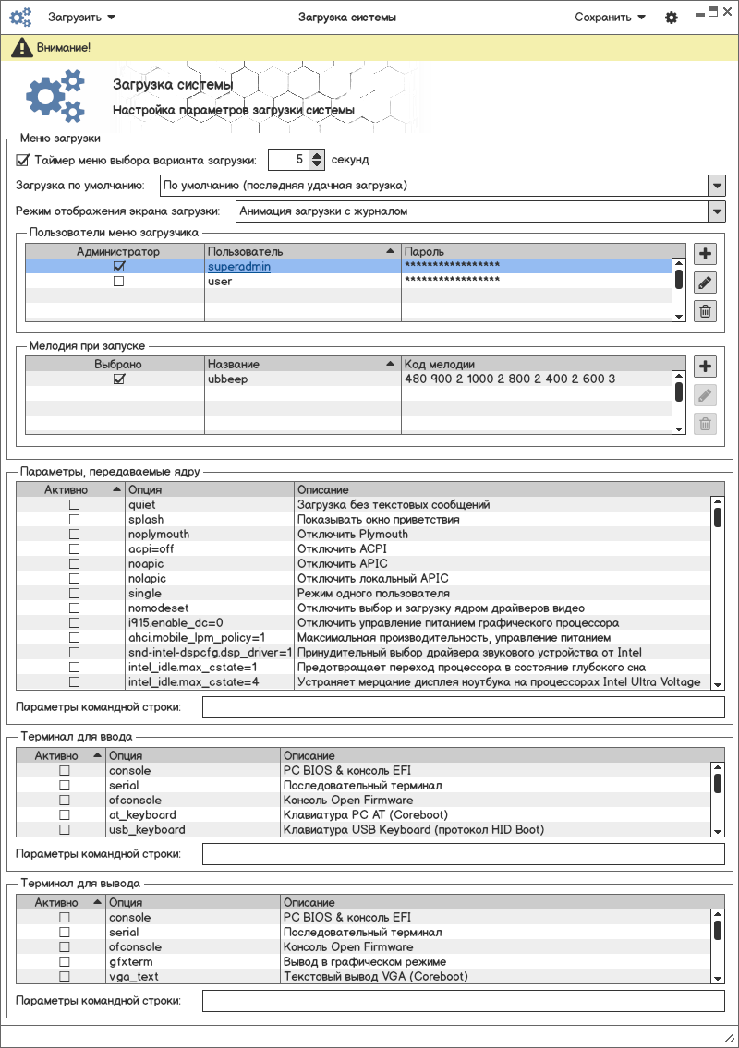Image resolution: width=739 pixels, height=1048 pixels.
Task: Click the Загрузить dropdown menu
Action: pos(81,17)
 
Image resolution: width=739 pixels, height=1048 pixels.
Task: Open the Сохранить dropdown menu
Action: pos(610,17)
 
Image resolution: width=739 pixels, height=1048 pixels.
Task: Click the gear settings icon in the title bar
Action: pos(672,18)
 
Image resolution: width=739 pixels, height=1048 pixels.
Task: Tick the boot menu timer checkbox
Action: pos(23,160)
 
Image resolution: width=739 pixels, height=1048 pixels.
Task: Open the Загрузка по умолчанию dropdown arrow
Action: pos(717,186)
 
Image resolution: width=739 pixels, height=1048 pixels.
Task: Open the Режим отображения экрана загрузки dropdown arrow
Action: pos(717,211)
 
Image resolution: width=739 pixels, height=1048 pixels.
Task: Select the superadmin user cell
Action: pos(239,266)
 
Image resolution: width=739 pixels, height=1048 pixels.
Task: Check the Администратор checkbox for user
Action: pos(118,282)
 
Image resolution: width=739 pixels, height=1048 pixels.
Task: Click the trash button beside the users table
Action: pos(705,311)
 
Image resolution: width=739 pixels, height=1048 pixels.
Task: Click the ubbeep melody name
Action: pos(227,379)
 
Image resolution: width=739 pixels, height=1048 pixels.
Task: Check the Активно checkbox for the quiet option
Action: pos(74,505)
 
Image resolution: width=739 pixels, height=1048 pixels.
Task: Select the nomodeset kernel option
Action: pos(157,608)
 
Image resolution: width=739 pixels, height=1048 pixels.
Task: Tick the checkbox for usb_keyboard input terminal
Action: pos(65,830)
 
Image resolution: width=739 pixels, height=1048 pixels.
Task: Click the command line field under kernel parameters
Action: pos(463,708)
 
